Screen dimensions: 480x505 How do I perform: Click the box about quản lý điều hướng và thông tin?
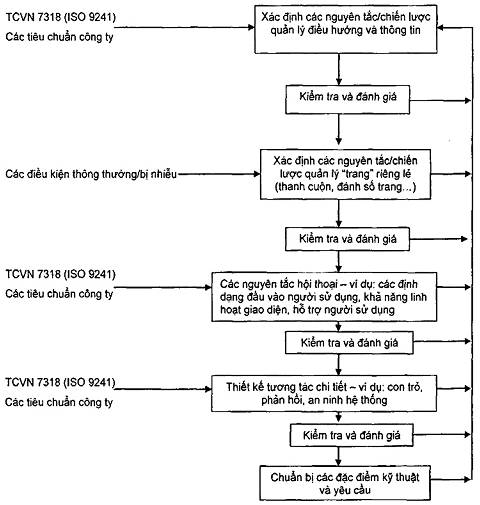[346, 29]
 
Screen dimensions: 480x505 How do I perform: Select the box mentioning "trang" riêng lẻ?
[345, 174]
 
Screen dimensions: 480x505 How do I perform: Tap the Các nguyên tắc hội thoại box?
[324, 297]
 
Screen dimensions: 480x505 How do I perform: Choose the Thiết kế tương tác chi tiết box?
[324, 393]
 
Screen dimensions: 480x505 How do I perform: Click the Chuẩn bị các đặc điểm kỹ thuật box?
[345, 483]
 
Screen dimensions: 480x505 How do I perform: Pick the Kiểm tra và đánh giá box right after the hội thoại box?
[349, 343]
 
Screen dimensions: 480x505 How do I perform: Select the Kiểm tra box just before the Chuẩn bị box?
[351, 435]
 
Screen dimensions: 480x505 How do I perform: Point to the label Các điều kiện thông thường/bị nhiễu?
[91, 174]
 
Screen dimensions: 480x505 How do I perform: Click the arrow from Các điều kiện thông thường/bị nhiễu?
[219, 174]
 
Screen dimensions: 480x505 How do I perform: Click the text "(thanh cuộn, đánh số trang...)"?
[345, 187]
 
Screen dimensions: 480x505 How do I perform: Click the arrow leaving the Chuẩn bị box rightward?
[451, 479]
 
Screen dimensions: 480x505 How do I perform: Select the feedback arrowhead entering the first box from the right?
[440, 28]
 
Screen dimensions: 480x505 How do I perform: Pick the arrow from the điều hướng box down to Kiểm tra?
[339, 69]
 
